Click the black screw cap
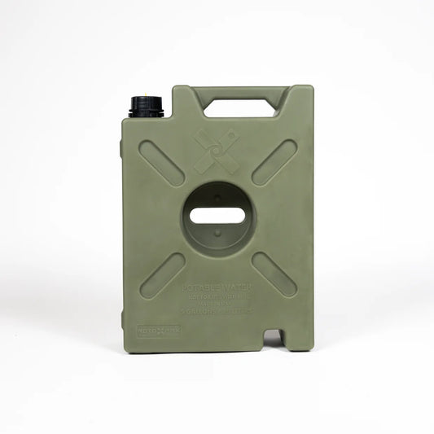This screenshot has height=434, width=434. pyautogui.click(x=147, y=106)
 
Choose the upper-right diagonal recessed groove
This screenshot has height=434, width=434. pyautogui.click(x=274, y=163)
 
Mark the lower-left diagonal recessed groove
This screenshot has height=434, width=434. pyautogui.click(x=162, y=275)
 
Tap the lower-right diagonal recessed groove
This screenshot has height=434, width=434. pyautogui.click(x=274, y=274)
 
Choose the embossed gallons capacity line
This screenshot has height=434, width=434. pyautogui.click(x=217, y=311)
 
